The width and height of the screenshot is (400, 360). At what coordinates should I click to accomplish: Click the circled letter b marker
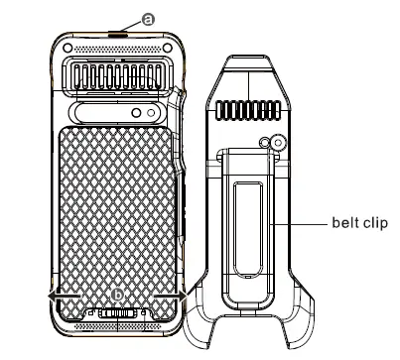118,295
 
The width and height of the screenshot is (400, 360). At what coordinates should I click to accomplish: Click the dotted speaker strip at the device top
117,49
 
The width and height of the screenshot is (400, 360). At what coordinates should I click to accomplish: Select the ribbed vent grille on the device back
117,75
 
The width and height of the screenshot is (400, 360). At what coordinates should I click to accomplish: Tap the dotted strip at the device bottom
117,327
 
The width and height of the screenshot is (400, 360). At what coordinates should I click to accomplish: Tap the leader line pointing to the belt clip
303,223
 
